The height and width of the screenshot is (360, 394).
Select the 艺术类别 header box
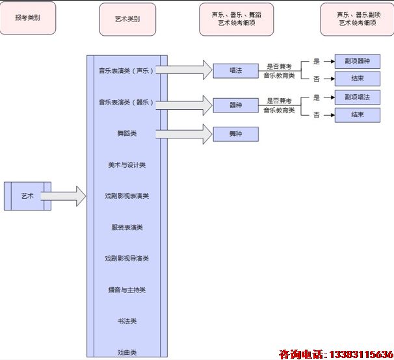pos(127,19)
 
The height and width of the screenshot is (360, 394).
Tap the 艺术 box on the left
pos(27,196)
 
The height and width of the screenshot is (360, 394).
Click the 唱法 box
pos(235,70)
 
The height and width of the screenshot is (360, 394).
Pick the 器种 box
pos(235,105)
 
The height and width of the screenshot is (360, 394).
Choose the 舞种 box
pos(235,134)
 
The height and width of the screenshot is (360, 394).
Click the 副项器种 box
pos(357,62)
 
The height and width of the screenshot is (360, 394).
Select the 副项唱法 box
pos(357,97)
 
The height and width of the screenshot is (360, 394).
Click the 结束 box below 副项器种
pos(357,79)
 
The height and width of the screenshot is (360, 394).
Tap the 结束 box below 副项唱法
pos(357,115)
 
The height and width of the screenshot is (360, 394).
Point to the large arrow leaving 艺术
pos(64,196)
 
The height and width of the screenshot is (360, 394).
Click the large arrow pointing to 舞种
pos(189,134)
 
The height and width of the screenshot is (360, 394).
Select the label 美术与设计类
pos(127,165)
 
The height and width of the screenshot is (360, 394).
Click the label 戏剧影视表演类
pos(127,196)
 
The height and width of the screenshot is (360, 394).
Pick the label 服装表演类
pos(127,227)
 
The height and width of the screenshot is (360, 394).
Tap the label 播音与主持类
pos(127,290)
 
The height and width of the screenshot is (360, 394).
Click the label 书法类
pos(127,321)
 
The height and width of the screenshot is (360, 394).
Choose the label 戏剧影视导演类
pos(127,259)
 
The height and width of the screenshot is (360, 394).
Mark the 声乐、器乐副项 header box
pos(357,19)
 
